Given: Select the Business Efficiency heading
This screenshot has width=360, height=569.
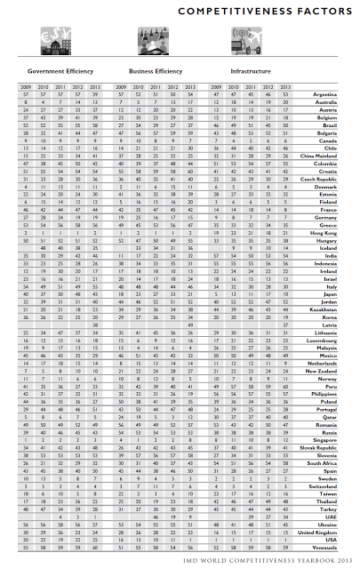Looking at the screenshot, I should pyautogui.click(x=156, y=68).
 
